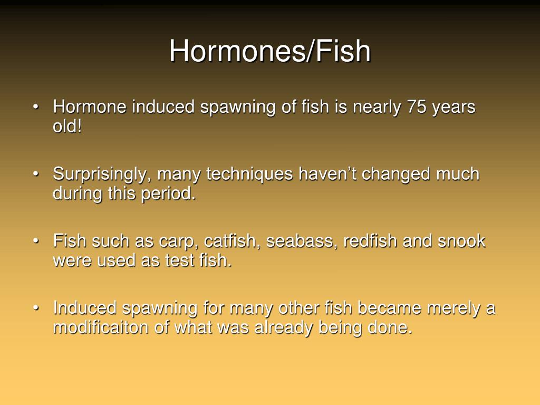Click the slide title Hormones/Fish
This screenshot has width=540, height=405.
(x=270, y=52)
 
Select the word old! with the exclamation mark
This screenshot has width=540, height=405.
(x=67, y=127)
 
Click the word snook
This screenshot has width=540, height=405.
(x=461, y=242)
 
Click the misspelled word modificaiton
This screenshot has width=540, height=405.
(x=100, y=327)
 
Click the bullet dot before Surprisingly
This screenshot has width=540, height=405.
(x=36, y=174)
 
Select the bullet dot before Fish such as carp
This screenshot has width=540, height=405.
(x=36, y=241)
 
